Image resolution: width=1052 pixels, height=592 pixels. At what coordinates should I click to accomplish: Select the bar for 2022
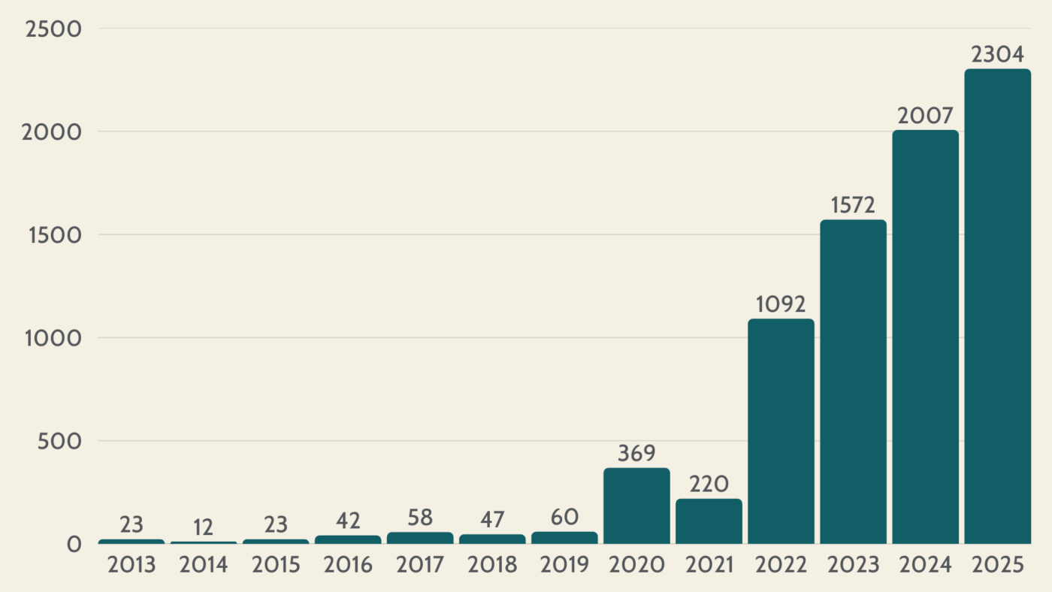coord(781,431)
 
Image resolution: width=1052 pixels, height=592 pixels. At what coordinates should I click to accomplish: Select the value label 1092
coord(781,305)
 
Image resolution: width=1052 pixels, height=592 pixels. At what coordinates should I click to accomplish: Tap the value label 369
coord(636,454)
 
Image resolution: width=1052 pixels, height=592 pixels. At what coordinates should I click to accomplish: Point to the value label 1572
coord(853,206)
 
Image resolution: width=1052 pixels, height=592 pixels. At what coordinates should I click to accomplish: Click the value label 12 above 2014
coord(204,527)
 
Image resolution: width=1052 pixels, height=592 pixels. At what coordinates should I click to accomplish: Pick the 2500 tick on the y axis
coord(53,29)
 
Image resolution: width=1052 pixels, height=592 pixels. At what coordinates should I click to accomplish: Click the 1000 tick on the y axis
coord(53,338)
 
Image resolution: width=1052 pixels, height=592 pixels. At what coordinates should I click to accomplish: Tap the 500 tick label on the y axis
coord(59,441)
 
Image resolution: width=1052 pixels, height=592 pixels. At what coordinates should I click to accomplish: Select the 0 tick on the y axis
coord(73,544)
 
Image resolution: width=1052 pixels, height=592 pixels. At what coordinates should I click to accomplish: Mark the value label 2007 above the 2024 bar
coord(925,116)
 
